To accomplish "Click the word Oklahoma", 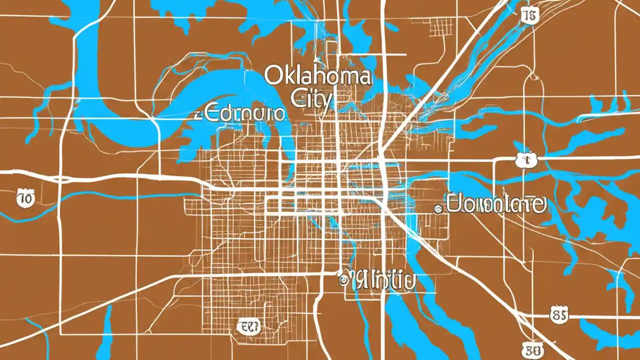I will [317, 76].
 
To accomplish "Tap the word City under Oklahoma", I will [311, 98].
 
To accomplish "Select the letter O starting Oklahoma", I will [272, 76].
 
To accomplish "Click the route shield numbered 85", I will [558, 315].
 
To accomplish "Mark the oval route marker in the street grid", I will [249, 327].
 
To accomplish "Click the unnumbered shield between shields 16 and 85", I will [525, 160].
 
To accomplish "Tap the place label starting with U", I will [495, 204].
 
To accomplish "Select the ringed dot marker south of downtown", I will [343, 280].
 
